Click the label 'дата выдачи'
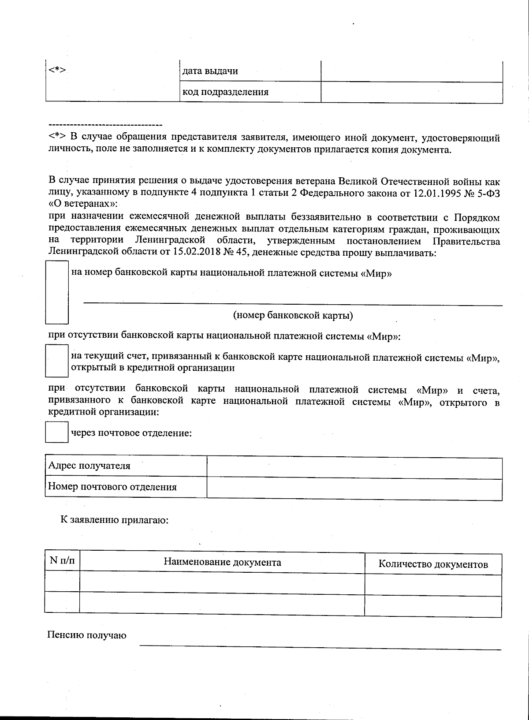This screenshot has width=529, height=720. coord(210,71)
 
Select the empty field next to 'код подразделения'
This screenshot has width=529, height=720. coord(412,92)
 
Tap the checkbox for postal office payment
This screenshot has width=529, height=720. coord(56,432)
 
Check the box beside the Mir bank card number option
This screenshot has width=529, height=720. coord(57,292)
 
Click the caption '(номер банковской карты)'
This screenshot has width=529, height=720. coord(293,316)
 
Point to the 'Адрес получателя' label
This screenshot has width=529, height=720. coord(89,466)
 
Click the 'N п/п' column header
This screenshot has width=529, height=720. coord(62,561)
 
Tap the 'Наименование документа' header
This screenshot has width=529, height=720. coord(222,562)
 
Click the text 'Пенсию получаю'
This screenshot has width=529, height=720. coord(87,635)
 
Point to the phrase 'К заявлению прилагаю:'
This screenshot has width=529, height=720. coord(115,520)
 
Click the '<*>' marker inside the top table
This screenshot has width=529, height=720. coord(57,71)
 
